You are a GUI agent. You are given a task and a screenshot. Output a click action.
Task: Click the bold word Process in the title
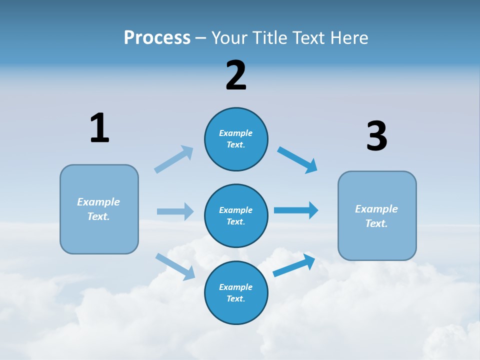[x=157, y=37]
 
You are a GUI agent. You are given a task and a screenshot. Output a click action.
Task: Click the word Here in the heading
[x=347, y=37]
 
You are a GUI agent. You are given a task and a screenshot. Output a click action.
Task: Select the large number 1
[x=99, y=128]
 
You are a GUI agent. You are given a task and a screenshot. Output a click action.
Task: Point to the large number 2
[x=236, y=75]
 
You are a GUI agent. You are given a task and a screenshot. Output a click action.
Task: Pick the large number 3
[x=376, y=136]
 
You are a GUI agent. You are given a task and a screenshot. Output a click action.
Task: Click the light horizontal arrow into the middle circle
[x=175, y=211]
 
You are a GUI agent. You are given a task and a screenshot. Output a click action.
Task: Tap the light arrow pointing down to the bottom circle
[x=175, y=266]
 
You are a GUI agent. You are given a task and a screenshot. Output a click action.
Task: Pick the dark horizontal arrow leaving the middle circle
[x=296, y=210]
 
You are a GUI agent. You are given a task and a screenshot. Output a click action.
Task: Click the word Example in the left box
[x=98, y=202]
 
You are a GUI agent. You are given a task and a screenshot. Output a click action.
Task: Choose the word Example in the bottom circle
[x=235, y=287]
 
